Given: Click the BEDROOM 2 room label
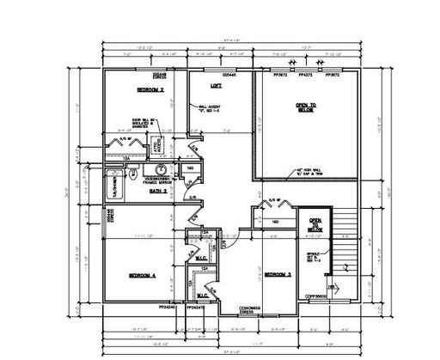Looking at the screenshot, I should tap(150, 89).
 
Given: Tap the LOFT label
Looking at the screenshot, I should tap(217, 86).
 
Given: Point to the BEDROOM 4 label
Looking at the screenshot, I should tap(142, 275).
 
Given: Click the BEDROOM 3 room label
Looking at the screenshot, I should tap(277, 273).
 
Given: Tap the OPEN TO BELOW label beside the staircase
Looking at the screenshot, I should tap(315, 222).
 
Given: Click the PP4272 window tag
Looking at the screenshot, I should tap(305, 75).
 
